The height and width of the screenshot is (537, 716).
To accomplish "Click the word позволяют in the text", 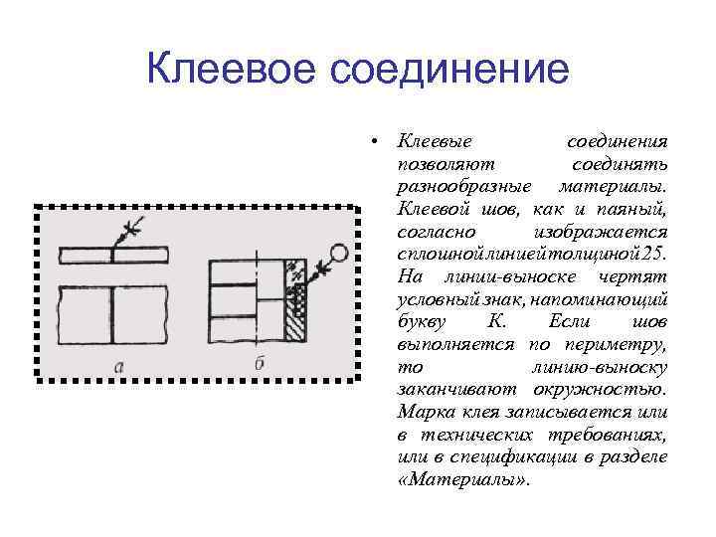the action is tap(439, 164).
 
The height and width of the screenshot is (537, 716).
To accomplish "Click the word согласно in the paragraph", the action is tap(434, 231).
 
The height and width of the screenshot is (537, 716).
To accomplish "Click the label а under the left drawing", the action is tap(118, 365).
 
